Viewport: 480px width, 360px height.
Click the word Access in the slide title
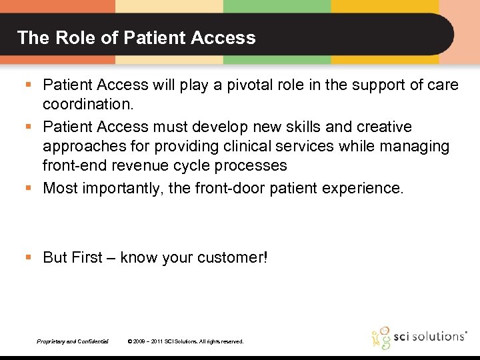click(x=225, y=37)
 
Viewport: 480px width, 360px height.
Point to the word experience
click(x=363, y=189)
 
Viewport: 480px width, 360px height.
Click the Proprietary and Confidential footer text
click(x=73, y=341)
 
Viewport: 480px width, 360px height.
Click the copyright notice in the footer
click(x=185, y=341)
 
